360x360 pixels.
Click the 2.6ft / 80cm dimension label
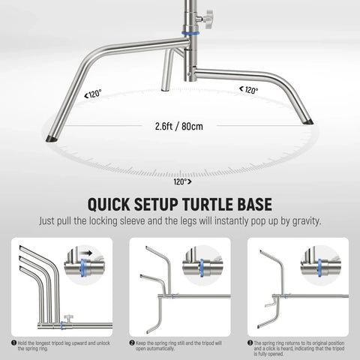[x=179, y=126]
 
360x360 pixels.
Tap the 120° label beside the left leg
[x=94, y=94]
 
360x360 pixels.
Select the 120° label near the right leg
[x=249, y=90]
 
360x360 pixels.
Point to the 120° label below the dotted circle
[x=181, y=181]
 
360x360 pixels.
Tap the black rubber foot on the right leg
[x=308, y=118]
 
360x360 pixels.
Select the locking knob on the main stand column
[x=206, y=17]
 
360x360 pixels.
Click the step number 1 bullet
[x=14, y=342]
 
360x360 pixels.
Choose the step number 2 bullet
[x=131, y=342]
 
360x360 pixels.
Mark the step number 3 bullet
[x=249, y=342]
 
